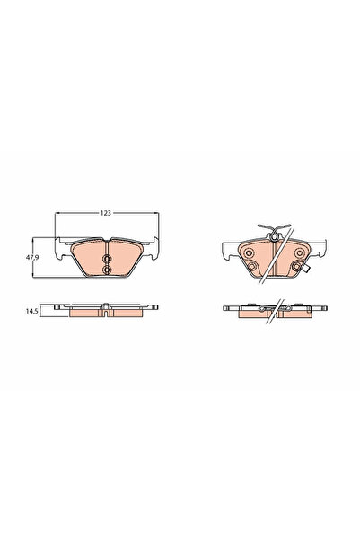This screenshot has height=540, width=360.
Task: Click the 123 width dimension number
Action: point(105,213)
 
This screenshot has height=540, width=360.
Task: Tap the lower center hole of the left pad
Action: point(107,269)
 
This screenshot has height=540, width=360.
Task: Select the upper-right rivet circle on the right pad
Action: point(295,254)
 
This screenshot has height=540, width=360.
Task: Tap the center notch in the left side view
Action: point(107,313)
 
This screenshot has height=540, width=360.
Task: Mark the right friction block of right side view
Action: point(293,314)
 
